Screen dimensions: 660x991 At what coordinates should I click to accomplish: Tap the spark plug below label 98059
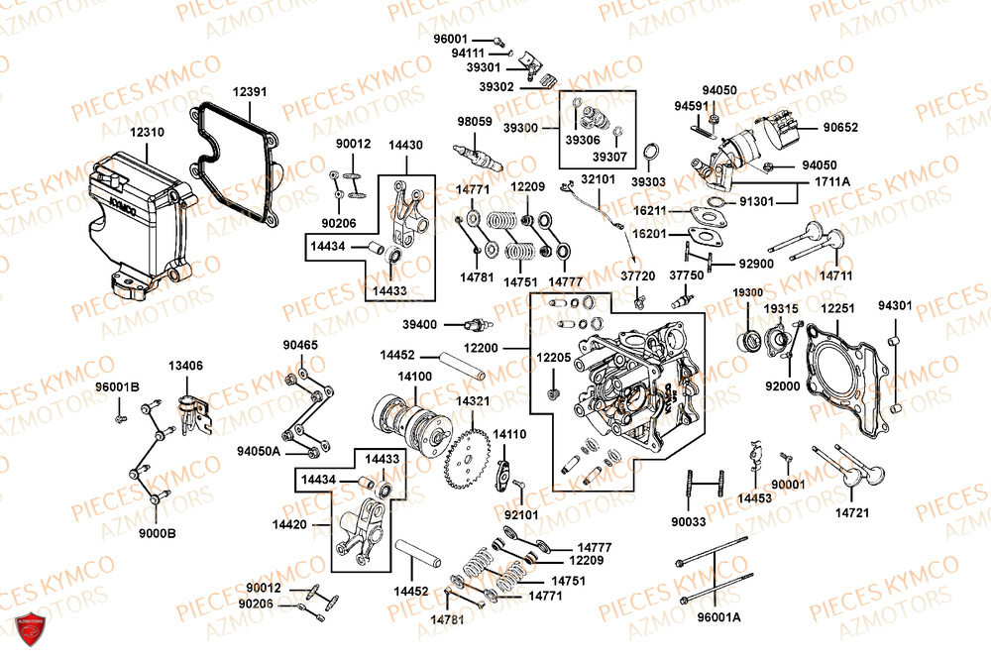[479, 155]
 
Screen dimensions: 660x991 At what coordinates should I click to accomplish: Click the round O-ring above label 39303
[651, 152]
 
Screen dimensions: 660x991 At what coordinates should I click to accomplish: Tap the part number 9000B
[157, 533]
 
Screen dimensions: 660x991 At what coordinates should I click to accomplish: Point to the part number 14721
[852, 512]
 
